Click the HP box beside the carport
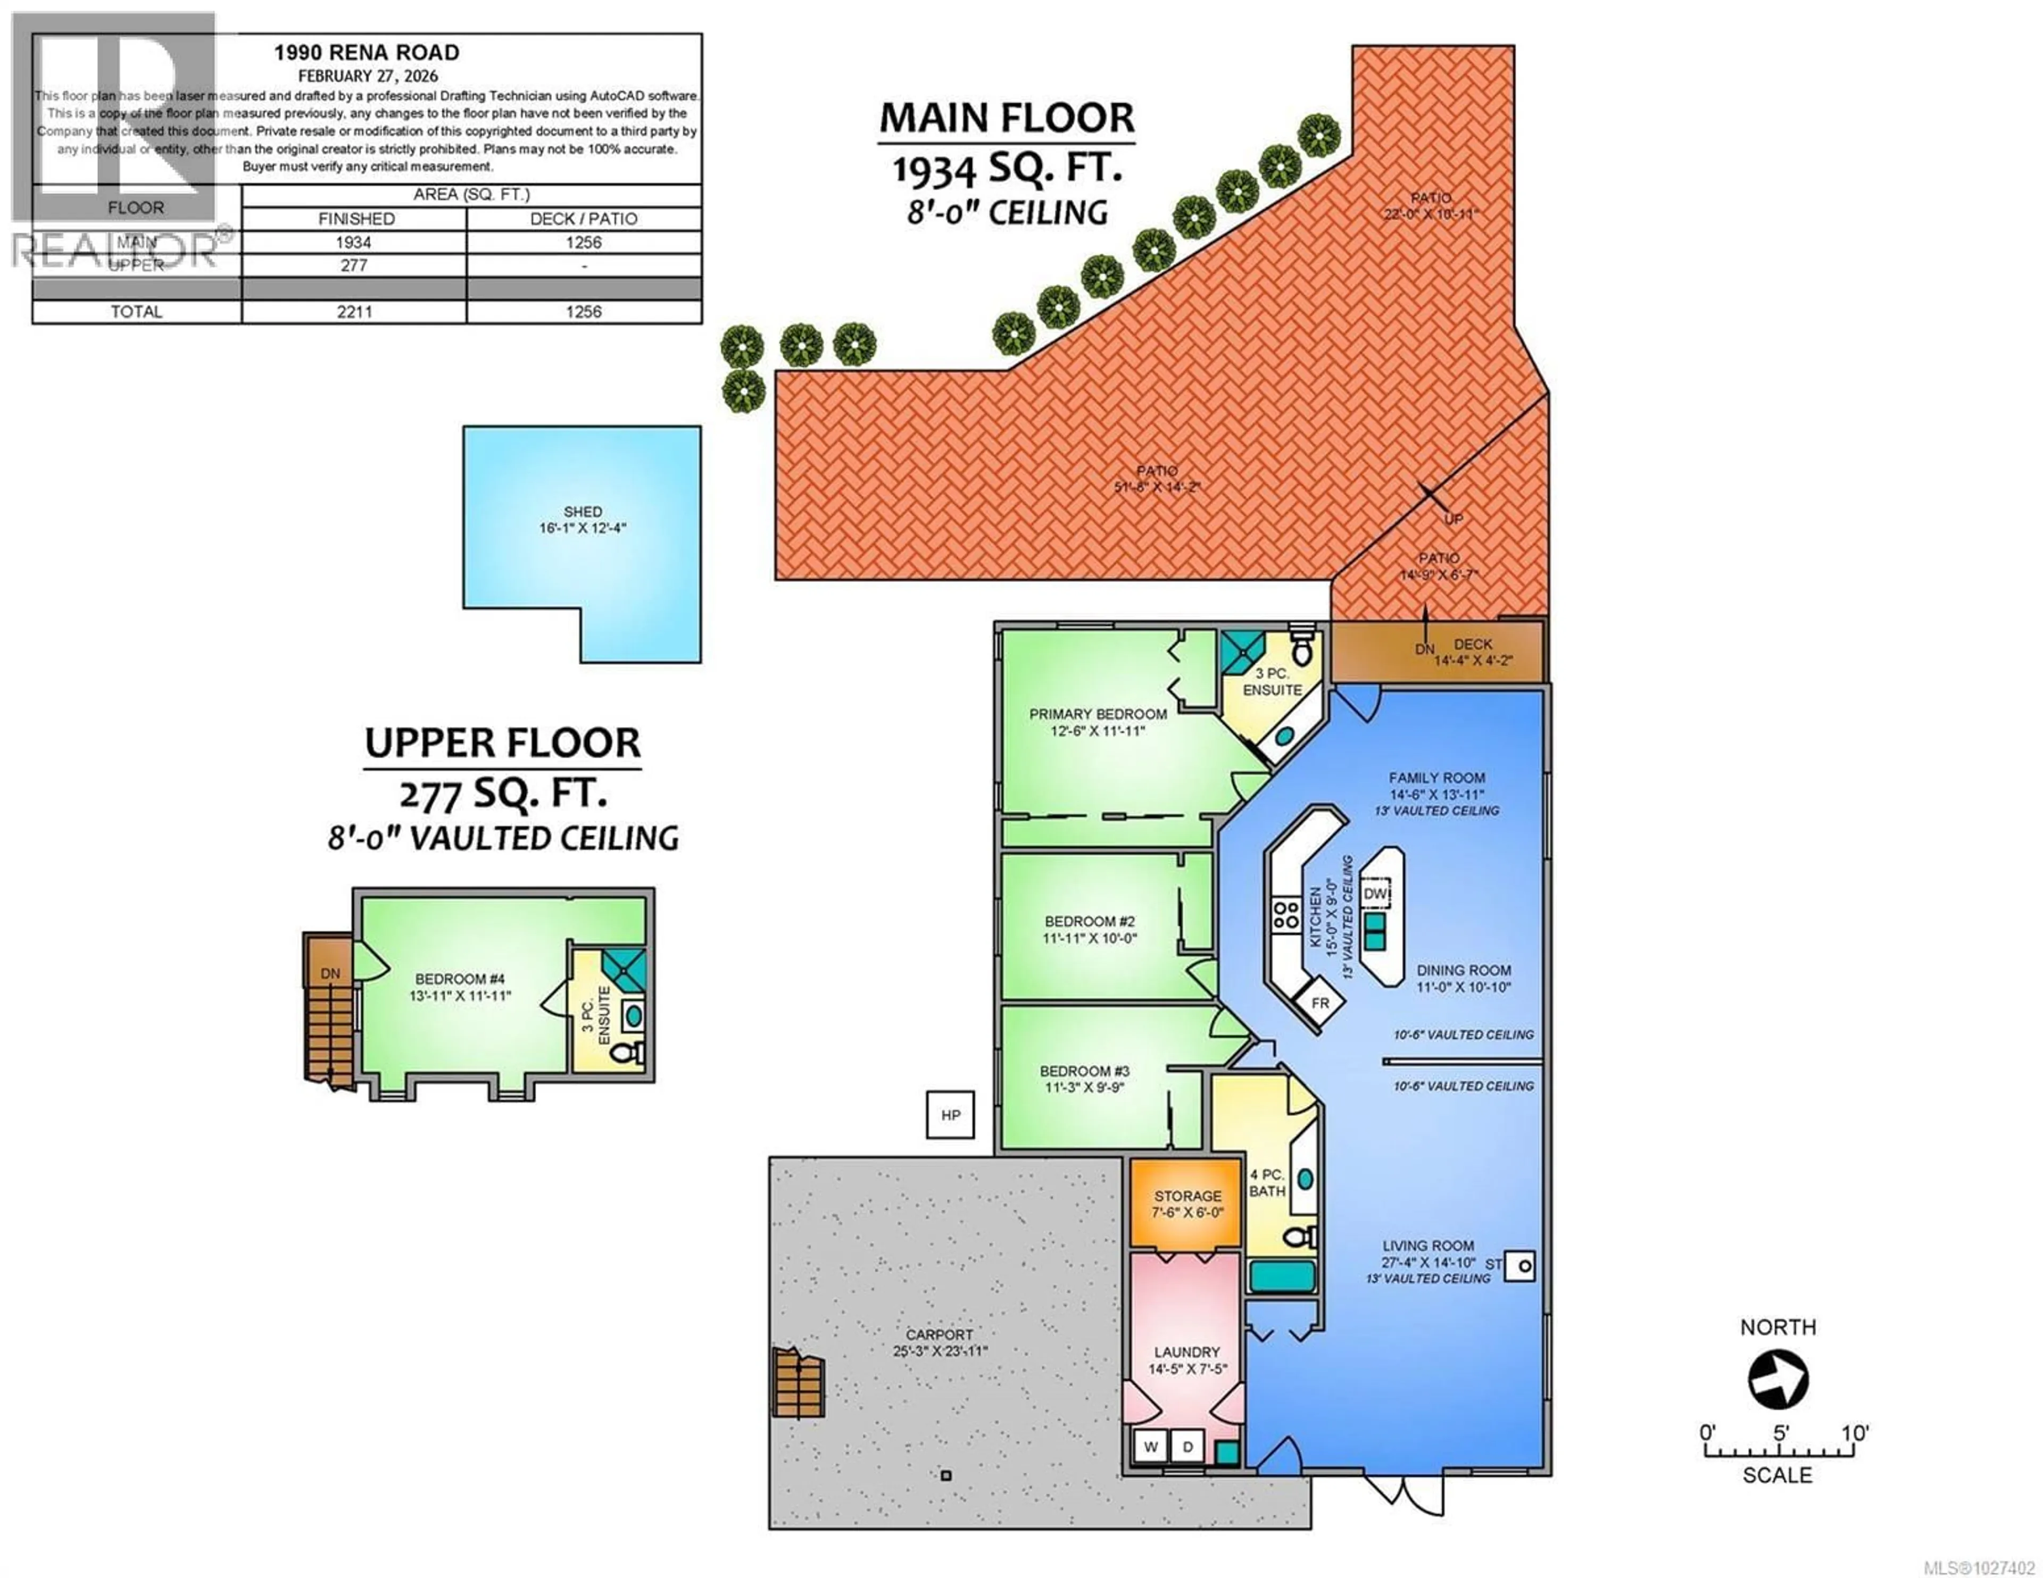point(950,1115)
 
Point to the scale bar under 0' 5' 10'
point(1778,1452)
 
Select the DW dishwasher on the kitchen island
point(1375,894)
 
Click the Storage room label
point(1187,1196)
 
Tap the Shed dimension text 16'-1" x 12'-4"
point(582,529)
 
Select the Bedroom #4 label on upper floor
point(459,979)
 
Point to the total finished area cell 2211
point(354,312)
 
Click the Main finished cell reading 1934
point(354,243)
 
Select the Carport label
point(939,1335)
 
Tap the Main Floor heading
point(1007,118)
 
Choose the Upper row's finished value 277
point(354,265)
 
